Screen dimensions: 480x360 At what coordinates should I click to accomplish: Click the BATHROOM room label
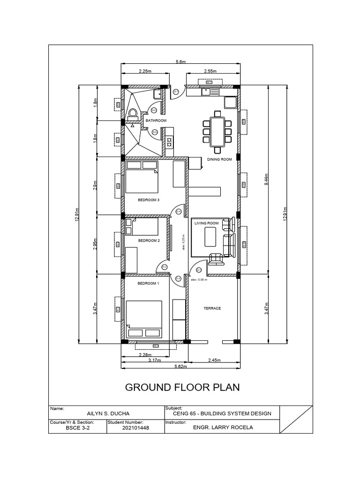[155, 120]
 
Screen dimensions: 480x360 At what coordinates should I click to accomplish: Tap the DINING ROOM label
[220, 160]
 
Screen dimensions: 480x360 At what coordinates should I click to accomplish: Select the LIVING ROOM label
[206, 224]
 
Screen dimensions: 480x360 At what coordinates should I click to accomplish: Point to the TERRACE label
[212, 308]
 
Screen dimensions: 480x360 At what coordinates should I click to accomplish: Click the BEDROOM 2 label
[149, 240]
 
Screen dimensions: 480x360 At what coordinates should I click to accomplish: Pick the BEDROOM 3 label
[149, 200]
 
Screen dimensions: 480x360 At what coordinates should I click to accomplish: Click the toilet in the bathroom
[133, 113]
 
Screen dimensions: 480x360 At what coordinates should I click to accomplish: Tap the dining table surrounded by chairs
[217, 132]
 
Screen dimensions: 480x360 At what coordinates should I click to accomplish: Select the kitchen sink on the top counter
[206, 91]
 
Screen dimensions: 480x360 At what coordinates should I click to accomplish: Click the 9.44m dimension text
[266, 179]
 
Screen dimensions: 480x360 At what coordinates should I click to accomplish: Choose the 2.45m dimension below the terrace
[213, 360]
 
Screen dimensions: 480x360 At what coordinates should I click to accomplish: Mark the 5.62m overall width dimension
[180, 366]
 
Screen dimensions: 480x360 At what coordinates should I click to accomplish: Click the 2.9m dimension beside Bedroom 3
[95, 186]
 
